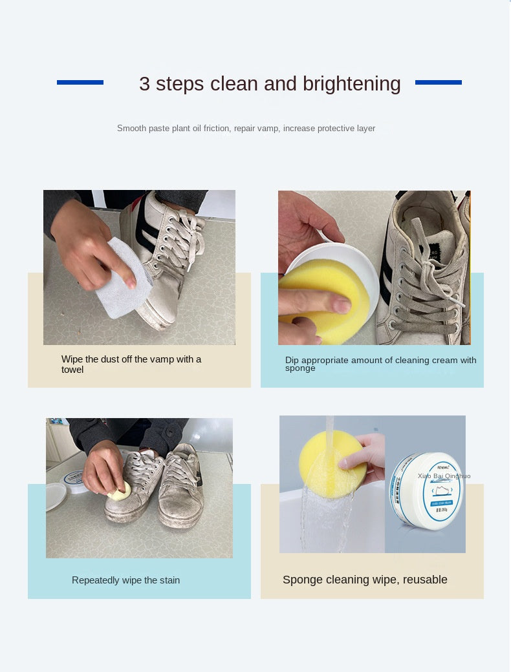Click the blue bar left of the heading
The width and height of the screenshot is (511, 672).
(x=80, y=82)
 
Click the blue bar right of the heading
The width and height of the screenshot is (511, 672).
(x=438, y=82)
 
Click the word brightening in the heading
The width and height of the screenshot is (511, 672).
(x=351, y=84)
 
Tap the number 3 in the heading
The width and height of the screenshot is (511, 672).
(x=144, y=84)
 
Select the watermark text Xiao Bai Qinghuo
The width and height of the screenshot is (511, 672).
(x=444, y=476)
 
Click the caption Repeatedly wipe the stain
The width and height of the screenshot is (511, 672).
(x=125, y=580)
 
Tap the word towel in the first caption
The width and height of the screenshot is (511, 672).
(x=72, y=370)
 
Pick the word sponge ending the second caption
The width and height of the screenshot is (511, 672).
(x=300, y=368)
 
